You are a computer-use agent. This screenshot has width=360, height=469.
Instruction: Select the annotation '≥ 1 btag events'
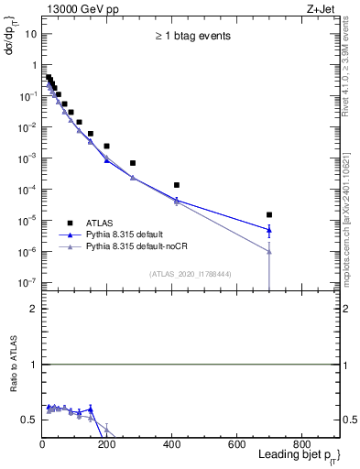click(191, 37)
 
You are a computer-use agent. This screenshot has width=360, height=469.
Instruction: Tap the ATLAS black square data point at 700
click(268, 214)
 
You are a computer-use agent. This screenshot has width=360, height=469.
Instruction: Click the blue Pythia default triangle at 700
click(268, 230)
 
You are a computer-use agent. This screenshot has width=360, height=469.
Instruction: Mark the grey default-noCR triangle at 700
click(268, 251)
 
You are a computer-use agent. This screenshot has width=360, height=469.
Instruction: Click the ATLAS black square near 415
click(176, 185)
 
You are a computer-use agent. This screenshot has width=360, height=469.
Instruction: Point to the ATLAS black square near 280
click(133, 163)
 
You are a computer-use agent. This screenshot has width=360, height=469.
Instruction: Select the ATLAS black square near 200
click(106, 146)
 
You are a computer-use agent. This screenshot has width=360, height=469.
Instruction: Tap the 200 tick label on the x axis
click(106, 445)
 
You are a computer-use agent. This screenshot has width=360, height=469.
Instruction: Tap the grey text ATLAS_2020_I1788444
click(190, 273)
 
